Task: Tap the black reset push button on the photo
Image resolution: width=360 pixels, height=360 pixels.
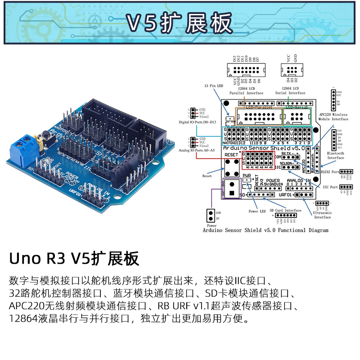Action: [45, 135]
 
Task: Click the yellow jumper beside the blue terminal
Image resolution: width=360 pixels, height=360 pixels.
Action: [40, 144]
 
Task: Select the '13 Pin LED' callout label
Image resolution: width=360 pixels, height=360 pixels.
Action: [214, 85]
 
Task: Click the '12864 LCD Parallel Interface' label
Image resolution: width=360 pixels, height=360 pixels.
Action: [246, 91]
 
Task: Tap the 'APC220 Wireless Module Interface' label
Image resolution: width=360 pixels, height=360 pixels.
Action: [333, 117]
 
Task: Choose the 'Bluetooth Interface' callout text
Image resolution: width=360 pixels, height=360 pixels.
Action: [335, 156]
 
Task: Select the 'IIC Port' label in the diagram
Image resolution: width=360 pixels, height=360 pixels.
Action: [330, 187]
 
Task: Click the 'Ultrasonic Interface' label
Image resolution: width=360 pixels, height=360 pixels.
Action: [322, 215]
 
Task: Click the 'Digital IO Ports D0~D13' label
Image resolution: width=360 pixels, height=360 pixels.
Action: [197, 122]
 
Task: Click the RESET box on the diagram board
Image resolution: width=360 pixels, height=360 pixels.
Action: [232, 154]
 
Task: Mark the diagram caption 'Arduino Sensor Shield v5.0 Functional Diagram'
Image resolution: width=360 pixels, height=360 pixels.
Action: [265, 230]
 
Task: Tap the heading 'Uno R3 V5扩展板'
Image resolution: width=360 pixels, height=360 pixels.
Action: [74, 259]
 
